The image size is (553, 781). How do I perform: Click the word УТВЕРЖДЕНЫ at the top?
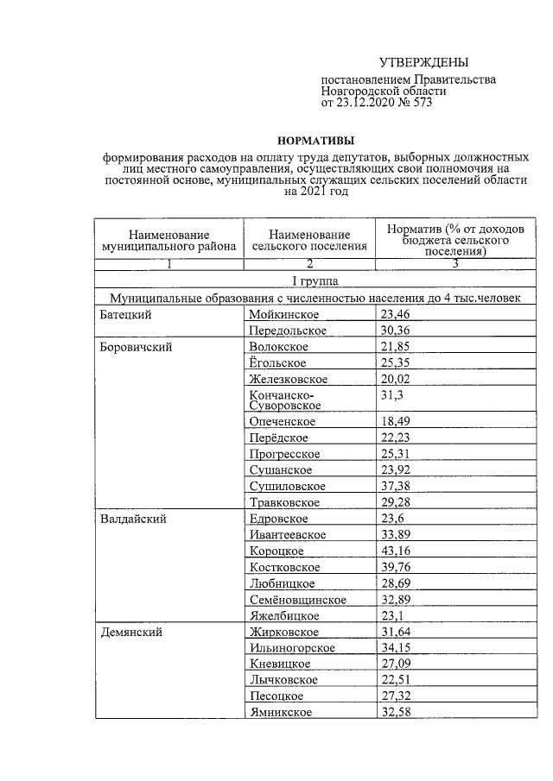pyautogui.click(x=424, y=63)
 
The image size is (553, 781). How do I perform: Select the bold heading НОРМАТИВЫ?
pyautogui.click(x=315, y=140)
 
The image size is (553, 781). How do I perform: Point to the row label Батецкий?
pyautogui.click(x=124, y=314)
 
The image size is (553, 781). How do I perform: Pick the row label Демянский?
pyautogui.click(x=130, y=632)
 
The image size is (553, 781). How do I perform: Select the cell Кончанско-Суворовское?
pyautogui.click(x=284, y=400)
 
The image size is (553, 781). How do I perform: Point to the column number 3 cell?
pyautogui.click(x=454, y=264)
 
